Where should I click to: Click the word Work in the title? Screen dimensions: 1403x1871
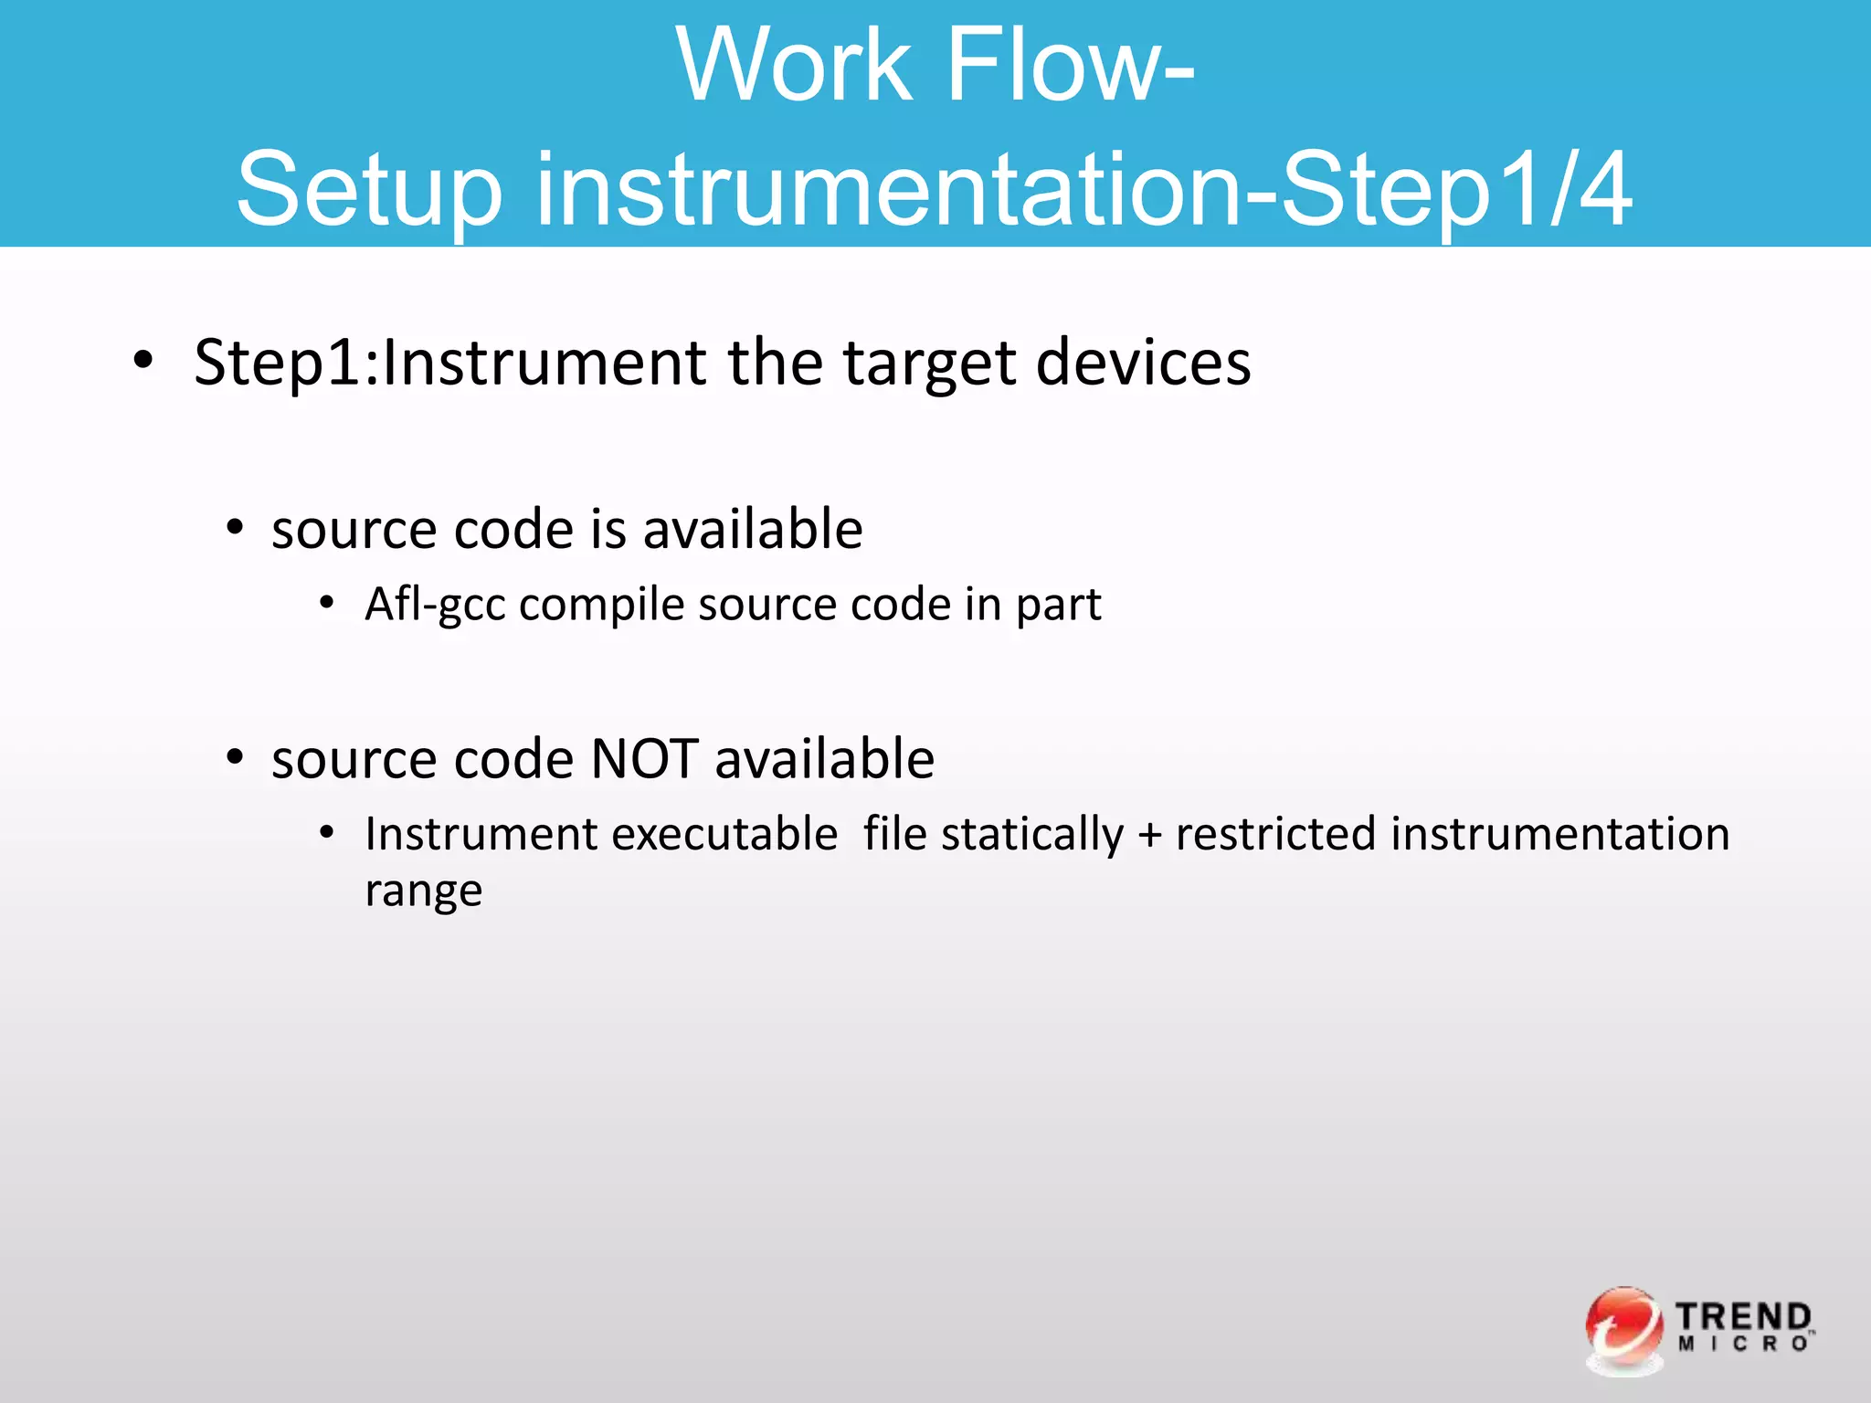[x=794, y=66]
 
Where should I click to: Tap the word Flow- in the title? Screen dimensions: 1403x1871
[x=1070, y=66]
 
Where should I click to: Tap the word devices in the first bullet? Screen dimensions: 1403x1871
[x=1143, y=362]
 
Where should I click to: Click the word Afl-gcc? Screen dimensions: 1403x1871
[x=435, y=605]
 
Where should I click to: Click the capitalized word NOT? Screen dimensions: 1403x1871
[x=644, y=758]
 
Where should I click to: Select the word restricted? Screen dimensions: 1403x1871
[x=1274, y=834]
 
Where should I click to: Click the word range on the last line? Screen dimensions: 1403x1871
[x=423, y=891]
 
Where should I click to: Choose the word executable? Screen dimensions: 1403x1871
[x=724, y=834]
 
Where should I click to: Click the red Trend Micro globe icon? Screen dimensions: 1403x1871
[x=1624, y=1329]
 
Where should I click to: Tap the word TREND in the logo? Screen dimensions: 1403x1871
[x=1743, y=1316]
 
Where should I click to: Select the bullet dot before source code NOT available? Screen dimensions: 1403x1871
[x=236, y=757]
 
